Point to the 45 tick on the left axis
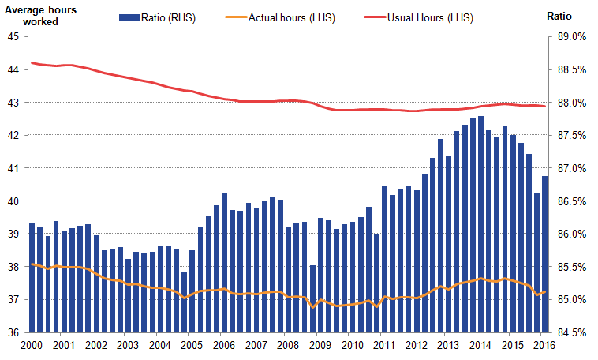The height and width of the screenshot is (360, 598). click(15, 36)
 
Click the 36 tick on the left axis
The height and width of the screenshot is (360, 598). click(15, 332)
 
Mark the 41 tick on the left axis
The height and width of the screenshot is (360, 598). click(15, 168)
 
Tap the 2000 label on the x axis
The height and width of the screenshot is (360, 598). click(32, 345)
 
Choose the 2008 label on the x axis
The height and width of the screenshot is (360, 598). click(286, 345)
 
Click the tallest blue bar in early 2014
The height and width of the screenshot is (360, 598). click(481, 224)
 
